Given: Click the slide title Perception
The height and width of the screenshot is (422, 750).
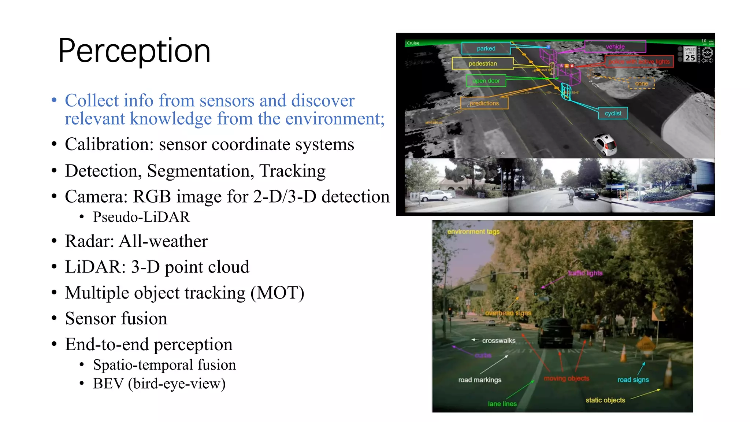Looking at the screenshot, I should click(x=134, y=51).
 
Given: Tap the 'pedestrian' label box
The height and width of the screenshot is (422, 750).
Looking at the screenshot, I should click(x=483, y=63).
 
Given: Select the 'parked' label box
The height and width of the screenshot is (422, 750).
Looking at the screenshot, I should click(x=486, y=48).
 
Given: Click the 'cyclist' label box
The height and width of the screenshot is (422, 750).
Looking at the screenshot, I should click(x=613, y=113).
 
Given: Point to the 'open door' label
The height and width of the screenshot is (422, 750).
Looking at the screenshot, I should click(x=486, y=81).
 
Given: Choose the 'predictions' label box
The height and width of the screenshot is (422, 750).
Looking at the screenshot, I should click(x=484, y=103).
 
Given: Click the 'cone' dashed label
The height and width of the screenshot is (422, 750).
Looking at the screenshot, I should click(x=641, y=84).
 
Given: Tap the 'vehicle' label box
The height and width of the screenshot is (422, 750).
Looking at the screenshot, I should click(x=615, y=47).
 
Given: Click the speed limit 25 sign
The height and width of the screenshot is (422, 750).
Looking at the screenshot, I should click(x=690, y=54).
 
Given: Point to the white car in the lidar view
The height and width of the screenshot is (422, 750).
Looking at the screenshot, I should click(x=605, y=144).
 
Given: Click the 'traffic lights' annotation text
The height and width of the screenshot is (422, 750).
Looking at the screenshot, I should click(x=585, y=273).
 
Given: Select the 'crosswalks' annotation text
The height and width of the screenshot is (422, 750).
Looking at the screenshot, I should click(x=498, y=341).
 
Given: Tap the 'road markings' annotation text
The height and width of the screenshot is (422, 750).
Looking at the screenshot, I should click(x=480, y=380).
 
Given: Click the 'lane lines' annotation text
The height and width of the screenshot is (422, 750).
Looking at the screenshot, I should click(x=502, y=404).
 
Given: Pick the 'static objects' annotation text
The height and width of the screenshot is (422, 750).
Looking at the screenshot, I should click(x=605, y=400).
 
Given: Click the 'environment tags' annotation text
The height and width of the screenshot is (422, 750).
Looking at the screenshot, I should click(x=473, y=232).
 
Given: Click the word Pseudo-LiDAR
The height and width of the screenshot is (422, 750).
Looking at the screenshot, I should click(x=141, y=217).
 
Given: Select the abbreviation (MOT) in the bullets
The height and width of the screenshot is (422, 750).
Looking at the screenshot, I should click(x=277, y=293).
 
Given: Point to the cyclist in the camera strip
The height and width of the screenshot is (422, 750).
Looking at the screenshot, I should click(x=571, y=196).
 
